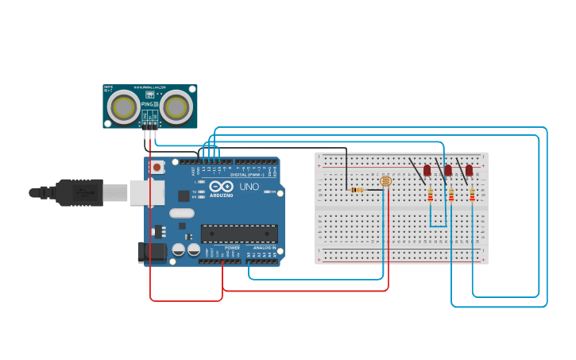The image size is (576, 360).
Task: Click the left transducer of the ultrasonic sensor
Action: pos(122,106)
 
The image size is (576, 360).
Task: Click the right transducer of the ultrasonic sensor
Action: pos(178,106)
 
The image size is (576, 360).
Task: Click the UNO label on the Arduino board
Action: pos(249,188)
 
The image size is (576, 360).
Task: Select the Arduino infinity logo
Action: pos(221,186)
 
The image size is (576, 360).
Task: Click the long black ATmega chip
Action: pos(239,233)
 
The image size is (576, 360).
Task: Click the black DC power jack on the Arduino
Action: pos(152,252)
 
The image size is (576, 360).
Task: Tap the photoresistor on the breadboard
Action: pos(386,181)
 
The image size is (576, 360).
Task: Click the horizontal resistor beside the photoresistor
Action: pos(357,190)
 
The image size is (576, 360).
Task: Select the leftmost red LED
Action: pos(427,170)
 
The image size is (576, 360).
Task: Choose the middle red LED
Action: pos(448,170)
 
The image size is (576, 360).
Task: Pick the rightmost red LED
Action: pos(469,170)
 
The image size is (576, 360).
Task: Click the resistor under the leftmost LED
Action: pos(431,195)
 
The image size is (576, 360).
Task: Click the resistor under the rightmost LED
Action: pos(473,195)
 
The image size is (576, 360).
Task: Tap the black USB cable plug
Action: pos(76,192)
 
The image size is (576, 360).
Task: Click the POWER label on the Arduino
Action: pos(232,248)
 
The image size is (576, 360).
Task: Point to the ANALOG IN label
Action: pos(265,248)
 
